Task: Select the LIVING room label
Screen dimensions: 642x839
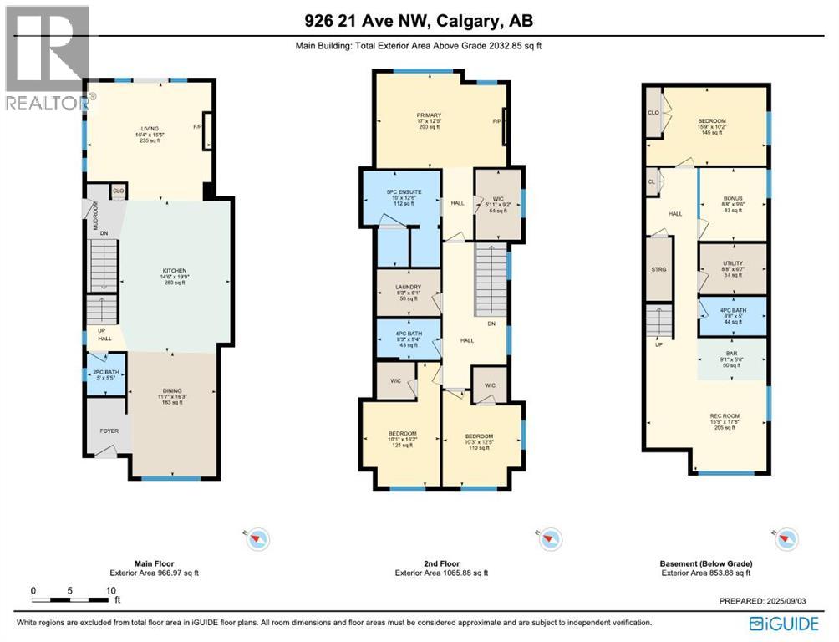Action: click(146, 129)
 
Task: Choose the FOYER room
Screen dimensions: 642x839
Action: click(109, 431)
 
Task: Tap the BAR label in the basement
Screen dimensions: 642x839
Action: click(732, 359)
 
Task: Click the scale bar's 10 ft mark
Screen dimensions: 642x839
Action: click(110, 591)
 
